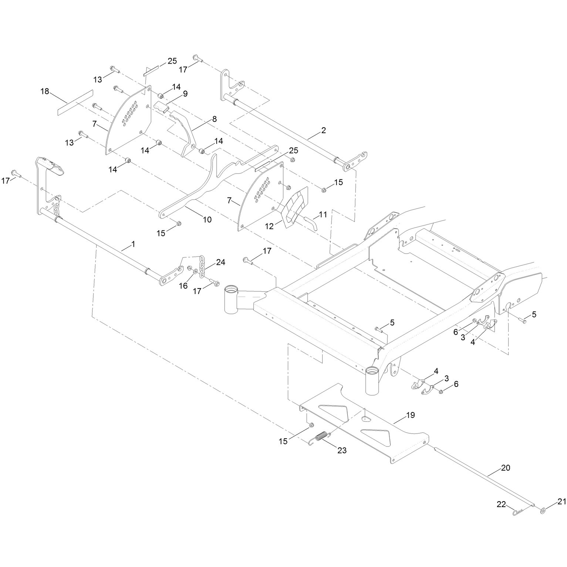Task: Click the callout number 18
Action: click(45, 91)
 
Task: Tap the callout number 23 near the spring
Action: click(342, 450)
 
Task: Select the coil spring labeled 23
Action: click(319, 437)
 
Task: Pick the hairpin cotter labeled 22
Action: click(519, 512)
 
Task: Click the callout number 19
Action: click(411, 415)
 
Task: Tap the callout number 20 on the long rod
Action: click(505, 468)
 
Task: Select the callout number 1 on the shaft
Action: click(133, 244)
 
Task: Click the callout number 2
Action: click(323, 130)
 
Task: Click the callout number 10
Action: click(207, 220)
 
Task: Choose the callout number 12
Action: click(269, 226)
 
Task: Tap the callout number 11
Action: click(323, 214)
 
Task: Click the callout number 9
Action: click(185, 94)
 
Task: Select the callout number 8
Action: click(214, 119)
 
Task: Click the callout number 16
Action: click(183, 286)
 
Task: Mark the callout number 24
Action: click(220, 262)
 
